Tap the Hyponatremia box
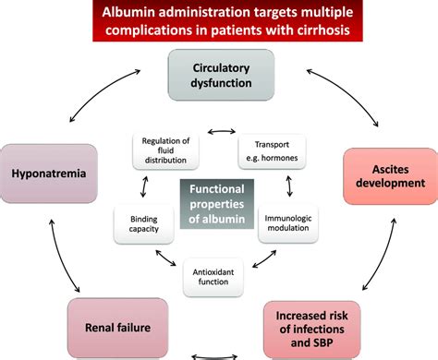[x=51, y=173]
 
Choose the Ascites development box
[x=389, y=175]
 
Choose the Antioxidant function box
[x=220, y=278]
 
